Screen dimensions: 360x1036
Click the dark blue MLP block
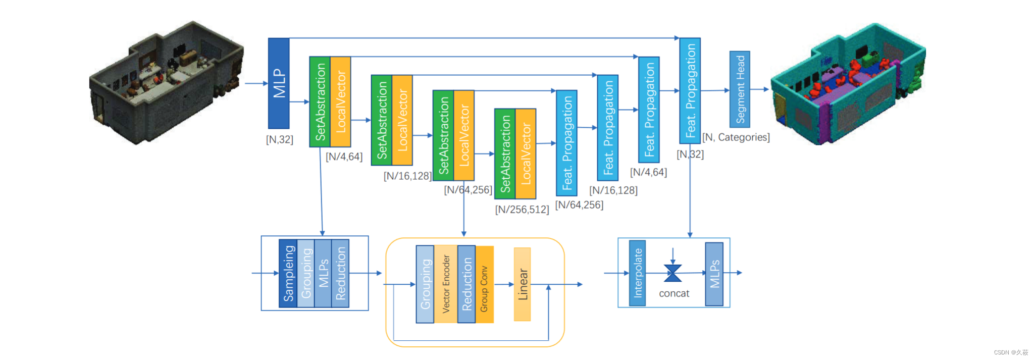point(278,83)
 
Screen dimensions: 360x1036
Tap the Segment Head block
point(740,89)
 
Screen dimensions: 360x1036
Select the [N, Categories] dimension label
point(736,137)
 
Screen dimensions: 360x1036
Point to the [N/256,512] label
point(522,210)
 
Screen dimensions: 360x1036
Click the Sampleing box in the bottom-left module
point(288,273)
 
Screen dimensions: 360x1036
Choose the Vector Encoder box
point(446,284)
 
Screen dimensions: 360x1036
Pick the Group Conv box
point(484,284)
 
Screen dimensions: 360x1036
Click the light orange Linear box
point(522,284)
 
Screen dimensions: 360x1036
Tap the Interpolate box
point(637,273)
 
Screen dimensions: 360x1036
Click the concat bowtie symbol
point(672,273)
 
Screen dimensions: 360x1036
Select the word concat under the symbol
point(674,294)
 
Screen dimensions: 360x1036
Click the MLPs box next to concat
point(714,273)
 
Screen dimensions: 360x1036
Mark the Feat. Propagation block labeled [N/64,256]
point(566,143)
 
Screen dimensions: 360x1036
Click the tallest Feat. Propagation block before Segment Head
point(690,91)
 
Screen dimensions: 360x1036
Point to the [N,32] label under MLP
point(279,139)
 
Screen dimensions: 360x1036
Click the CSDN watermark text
point(1011,352)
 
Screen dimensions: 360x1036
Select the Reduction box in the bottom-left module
point(341,273)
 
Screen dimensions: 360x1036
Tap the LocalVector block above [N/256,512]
point(526,153)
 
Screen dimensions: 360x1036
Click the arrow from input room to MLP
point(256,83)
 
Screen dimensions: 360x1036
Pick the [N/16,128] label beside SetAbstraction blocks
point(407,176)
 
